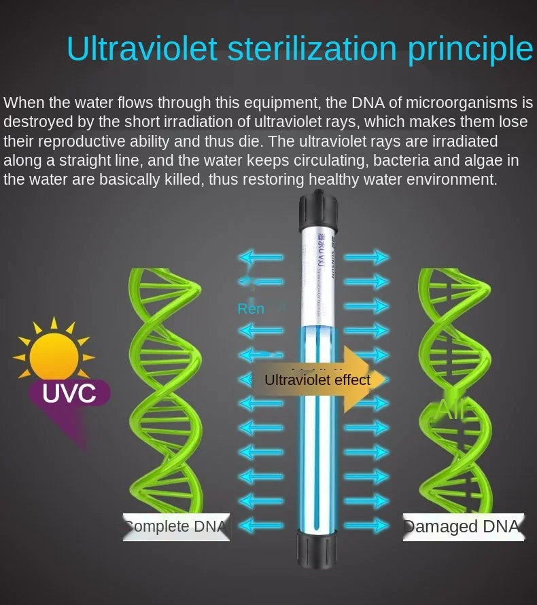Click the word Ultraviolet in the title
coord(141,49)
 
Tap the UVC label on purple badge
coord(69,393)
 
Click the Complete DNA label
coord(175,526)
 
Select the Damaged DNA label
coord(462,526)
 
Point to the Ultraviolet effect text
coord(317,380)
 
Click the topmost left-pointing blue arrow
coord(260,257)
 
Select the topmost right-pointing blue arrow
coord(366,257)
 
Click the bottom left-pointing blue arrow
coord(260,524)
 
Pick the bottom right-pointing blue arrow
coord(366,524)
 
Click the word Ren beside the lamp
coord(250,309)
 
